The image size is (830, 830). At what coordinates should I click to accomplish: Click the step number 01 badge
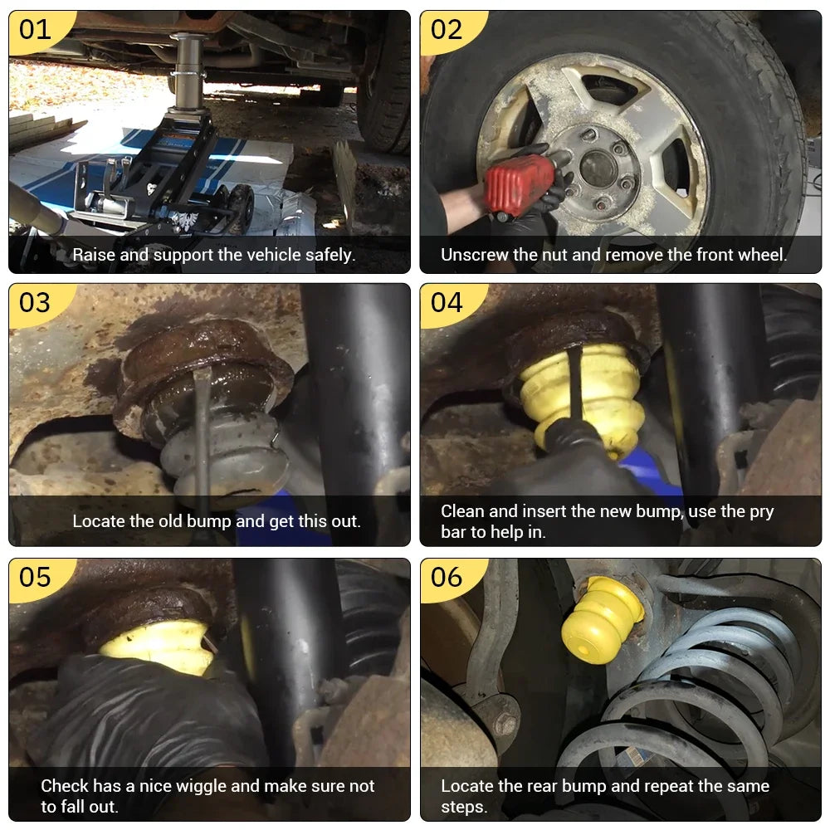coord(36,30)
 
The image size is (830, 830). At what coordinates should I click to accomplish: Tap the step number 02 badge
coord(447,30)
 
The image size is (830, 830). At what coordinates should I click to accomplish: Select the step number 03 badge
coord(36,303)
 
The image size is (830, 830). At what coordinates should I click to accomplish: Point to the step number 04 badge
coord(447,303)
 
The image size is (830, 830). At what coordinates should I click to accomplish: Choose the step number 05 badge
coord(36,578)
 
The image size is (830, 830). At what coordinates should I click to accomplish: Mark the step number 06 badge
coord(447,578)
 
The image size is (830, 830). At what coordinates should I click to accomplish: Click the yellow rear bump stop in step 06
coord(603,619)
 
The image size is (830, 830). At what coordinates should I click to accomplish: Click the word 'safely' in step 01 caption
coord(328,255)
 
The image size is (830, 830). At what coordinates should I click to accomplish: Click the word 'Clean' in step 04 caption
coord(462,511)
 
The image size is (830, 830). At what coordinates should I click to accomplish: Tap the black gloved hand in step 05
coord(154,710)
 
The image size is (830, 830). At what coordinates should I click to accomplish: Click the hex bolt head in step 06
coord(502,720)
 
